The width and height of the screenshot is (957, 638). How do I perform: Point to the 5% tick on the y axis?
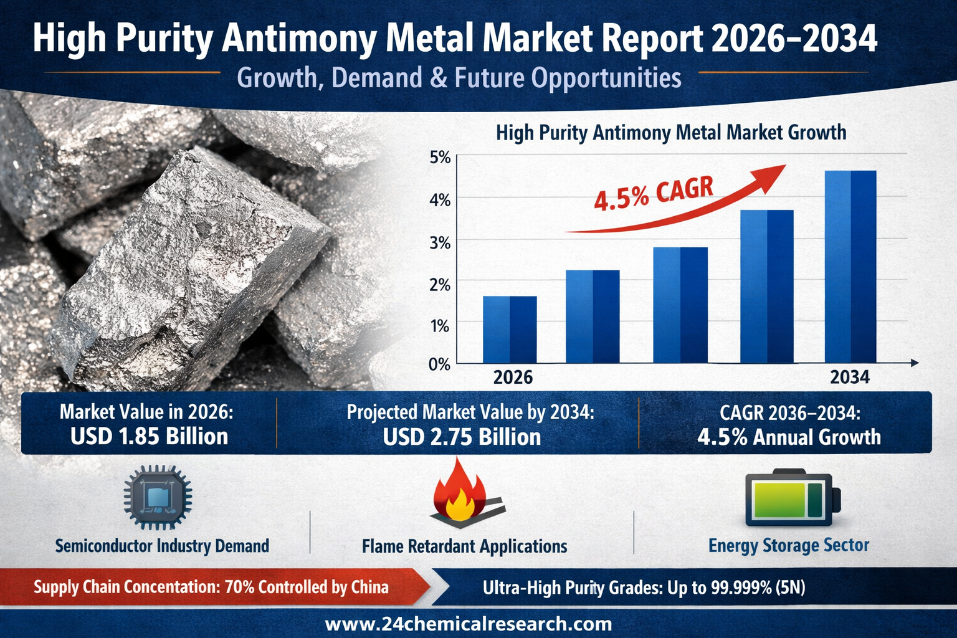440,158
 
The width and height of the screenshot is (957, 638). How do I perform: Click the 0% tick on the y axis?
440,364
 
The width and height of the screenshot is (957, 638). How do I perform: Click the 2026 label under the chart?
513,378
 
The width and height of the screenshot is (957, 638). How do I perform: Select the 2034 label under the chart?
850,378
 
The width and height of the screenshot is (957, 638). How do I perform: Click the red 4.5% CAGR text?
653,194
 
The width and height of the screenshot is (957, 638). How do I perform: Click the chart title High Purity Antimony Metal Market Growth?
670,133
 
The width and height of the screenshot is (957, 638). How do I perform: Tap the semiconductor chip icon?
158,497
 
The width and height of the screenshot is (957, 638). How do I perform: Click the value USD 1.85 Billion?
149,437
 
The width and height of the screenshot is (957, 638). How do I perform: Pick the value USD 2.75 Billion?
462,437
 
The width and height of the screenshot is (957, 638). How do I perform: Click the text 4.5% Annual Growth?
789,437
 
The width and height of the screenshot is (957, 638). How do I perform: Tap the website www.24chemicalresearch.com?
469,624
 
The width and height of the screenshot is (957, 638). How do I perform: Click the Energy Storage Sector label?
788,546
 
